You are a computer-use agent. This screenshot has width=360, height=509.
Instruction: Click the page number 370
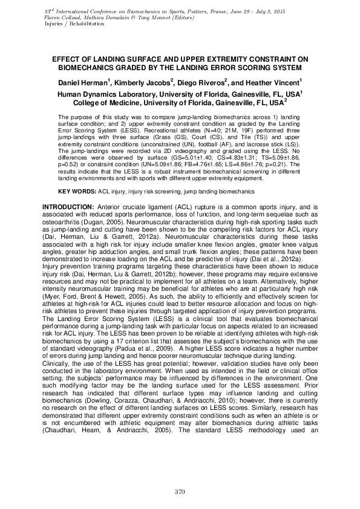(180, 492)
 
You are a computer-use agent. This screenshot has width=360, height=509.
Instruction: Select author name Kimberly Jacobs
(152, 83)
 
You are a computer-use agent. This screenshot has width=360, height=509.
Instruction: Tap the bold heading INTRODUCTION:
(68, 207)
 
